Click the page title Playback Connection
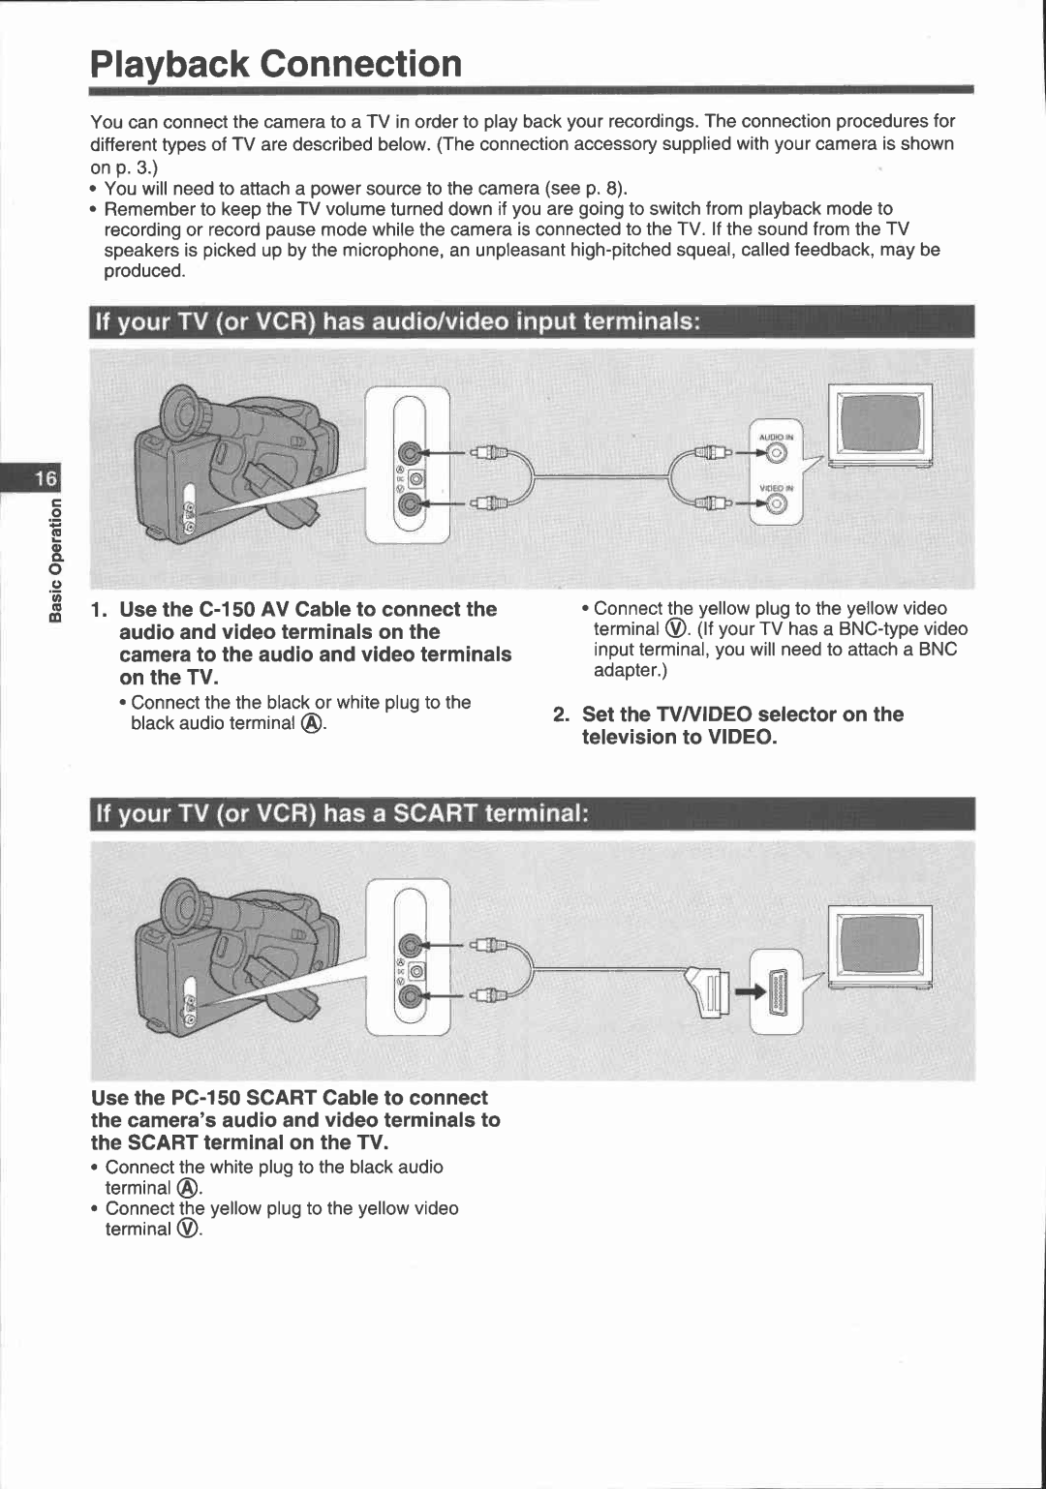276,65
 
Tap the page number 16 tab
46,478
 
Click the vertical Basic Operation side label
55,560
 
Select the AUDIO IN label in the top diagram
776,438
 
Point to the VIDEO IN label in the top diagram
776,489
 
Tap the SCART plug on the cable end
710,992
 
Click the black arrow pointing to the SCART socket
750,993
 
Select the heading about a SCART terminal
341,813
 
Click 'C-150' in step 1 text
227,610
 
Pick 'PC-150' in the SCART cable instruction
204,1098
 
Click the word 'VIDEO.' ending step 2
741,738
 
